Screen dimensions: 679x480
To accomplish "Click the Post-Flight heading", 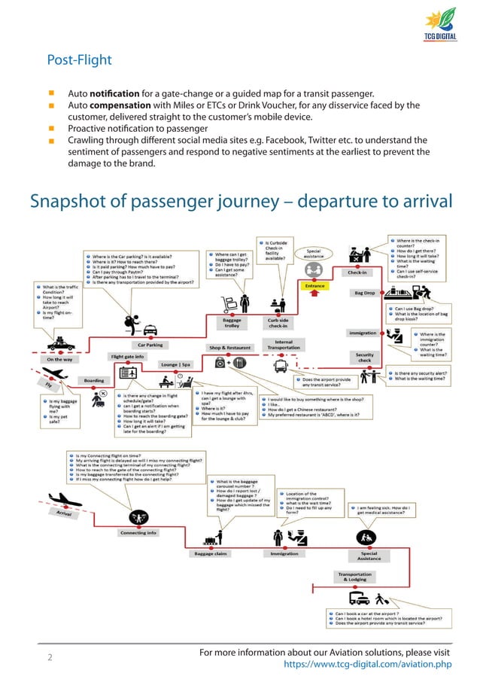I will [x=79, y=59].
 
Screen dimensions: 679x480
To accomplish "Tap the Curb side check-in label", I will [x=278, y=323].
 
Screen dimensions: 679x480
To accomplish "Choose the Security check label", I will [x=365, y=357].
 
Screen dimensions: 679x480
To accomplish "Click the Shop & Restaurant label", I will [x=231, y=348].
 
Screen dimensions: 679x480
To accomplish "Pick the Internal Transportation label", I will [x=289, y=345].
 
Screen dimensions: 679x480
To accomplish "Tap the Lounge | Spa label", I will [x=175, y=364].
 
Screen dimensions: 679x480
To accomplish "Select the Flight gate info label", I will [x=128, y=356].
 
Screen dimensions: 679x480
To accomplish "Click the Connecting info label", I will [x=138, y=533].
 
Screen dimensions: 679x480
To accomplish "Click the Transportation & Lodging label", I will [x=357, y=577].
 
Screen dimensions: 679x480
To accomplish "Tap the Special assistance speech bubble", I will [x=315, y=254].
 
